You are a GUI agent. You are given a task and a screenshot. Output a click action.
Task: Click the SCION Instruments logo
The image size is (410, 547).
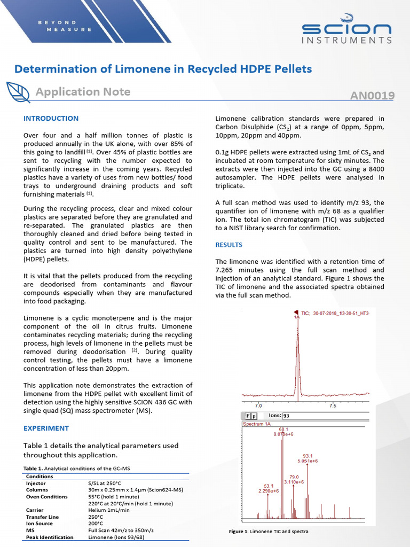(346, 33)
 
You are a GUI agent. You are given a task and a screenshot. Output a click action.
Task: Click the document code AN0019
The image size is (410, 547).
(372, 96)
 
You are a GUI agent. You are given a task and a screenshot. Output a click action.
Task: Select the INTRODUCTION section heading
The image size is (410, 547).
(51, 118)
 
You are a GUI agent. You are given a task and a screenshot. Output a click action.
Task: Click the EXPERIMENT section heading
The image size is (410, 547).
(46, 428)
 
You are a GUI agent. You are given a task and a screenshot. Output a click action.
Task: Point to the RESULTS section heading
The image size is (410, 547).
(228, 245)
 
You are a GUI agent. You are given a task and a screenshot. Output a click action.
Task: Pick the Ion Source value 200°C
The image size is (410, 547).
(97, 523)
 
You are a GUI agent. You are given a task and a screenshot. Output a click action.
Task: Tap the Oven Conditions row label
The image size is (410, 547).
(46, 497)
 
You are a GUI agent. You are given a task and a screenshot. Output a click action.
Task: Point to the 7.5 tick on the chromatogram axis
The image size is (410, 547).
(333, 406)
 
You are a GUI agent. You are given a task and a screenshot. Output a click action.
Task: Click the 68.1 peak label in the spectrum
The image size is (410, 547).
(283, 429)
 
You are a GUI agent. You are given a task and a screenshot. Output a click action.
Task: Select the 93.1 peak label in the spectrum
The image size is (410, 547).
(307, 456)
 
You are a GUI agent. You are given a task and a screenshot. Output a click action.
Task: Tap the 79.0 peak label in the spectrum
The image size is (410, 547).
(294, 476)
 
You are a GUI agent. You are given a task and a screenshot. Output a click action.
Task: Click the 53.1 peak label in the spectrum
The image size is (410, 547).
(268, 486)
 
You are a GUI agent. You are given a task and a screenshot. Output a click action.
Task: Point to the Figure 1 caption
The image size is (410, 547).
(268, 532)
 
